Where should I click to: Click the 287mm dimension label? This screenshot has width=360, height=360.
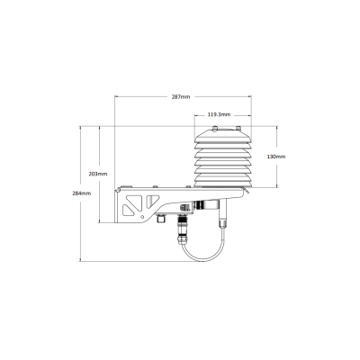(x=181, y=97)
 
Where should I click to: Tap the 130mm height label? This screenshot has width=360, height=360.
(x=276, y=157)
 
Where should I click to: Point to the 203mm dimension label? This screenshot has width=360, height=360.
(x=98, y=174)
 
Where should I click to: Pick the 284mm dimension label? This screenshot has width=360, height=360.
(x=82, y=193)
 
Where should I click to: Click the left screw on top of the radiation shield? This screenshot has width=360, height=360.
(x=215, y=129)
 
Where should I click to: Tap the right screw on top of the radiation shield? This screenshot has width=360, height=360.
(x=238, y=129)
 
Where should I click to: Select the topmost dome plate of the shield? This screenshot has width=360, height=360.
(x=223, y=136)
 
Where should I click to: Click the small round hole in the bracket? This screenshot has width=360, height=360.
(x=143, y=217)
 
